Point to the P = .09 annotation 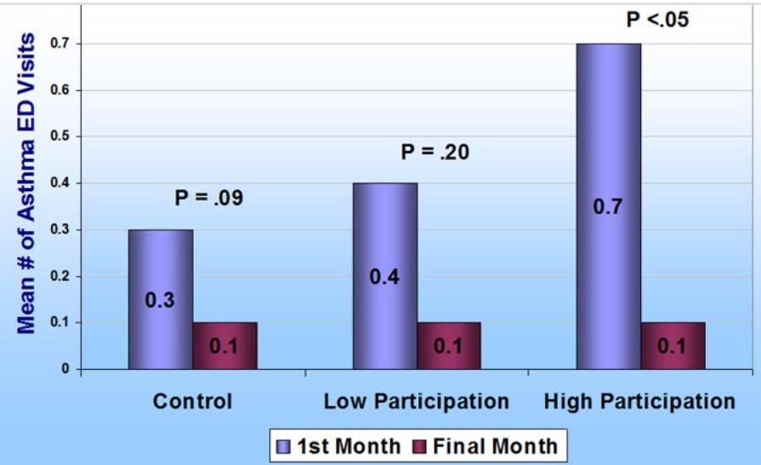pos(209,199)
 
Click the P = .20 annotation pos(434,153)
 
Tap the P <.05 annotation pos(657,20)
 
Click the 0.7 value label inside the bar pos(608,207)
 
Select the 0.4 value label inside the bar pos(384,276)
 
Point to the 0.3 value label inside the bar pos(160,300)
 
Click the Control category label pos(192,401)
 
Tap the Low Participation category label pos(417,401)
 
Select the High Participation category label pos(639,401)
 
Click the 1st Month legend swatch pos(284,445)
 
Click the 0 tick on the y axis pos(64,369)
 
